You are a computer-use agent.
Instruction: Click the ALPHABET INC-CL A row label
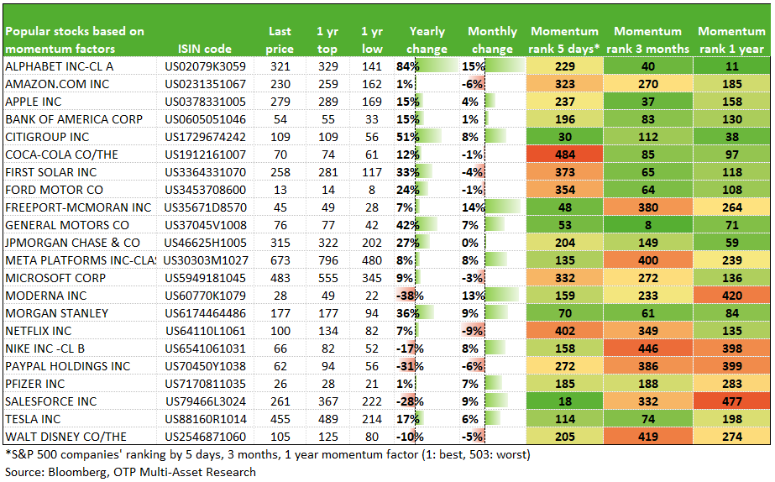[60, 66]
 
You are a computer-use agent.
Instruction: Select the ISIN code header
[205, 49]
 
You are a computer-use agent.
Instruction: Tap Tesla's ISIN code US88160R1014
[206, 419]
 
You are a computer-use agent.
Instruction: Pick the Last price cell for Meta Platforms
[280, 260]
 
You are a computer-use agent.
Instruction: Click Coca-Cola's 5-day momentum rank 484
[565, 155]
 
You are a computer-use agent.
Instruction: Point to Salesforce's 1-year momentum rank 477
[732, 401]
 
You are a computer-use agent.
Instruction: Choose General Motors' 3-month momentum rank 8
[648, 225]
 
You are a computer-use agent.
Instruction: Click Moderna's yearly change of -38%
[410, 296]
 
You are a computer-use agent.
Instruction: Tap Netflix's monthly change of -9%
[472, 331]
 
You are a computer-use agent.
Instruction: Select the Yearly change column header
[427, 40]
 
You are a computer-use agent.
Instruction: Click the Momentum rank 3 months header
[648, 40]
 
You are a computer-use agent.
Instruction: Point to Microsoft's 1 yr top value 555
[328, 278]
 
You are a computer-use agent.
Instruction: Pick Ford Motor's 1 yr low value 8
[372, 190]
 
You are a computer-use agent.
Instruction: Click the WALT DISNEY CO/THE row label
[65, 437]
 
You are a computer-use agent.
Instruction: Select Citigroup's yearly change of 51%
[408, 137]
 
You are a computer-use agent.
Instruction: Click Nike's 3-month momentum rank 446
[648, 348]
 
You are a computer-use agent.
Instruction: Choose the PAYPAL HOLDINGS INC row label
[68, 366]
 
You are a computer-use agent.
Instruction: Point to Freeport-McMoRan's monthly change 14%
[474, 207]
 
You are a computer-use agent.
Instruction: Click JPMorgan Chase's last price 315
[280, 243]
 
